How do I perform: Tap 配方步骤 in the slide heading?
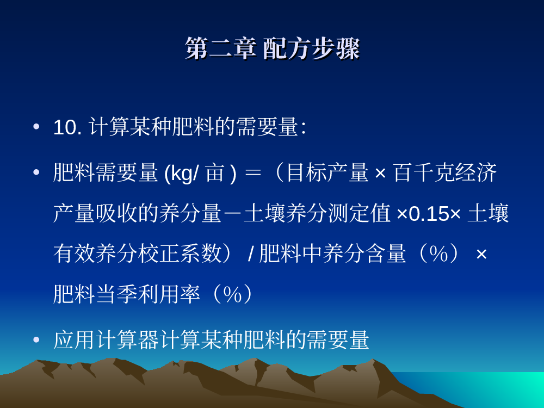coord(311,48)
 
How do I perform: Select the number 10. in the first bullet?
coord(67,127)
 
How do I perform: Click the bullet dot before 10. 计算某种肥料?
coord(36,127)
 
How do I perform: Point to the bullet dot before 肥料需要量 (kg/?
coord(36,172)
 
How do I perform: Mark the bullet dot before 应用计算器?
coord(36,339)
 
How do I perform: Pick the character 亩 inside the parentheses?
coord(214,173)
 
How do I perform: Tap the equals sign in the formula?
coord(252,173)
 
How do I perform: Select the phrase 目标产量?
coord(327,172)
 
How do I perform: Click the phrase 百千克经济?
coord(445,172)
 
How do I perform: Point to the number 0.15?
coord(429,214)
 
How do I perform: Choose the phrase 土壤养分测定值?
coord(317,213)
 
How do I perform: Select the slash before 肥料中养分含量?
coord(251,254)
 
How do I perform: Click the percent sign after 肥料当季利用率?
coord(232,295)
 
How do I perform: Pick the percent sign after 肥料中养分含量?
coord(438,254)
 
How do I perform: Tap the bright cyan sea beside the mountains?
coord(486,387)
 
